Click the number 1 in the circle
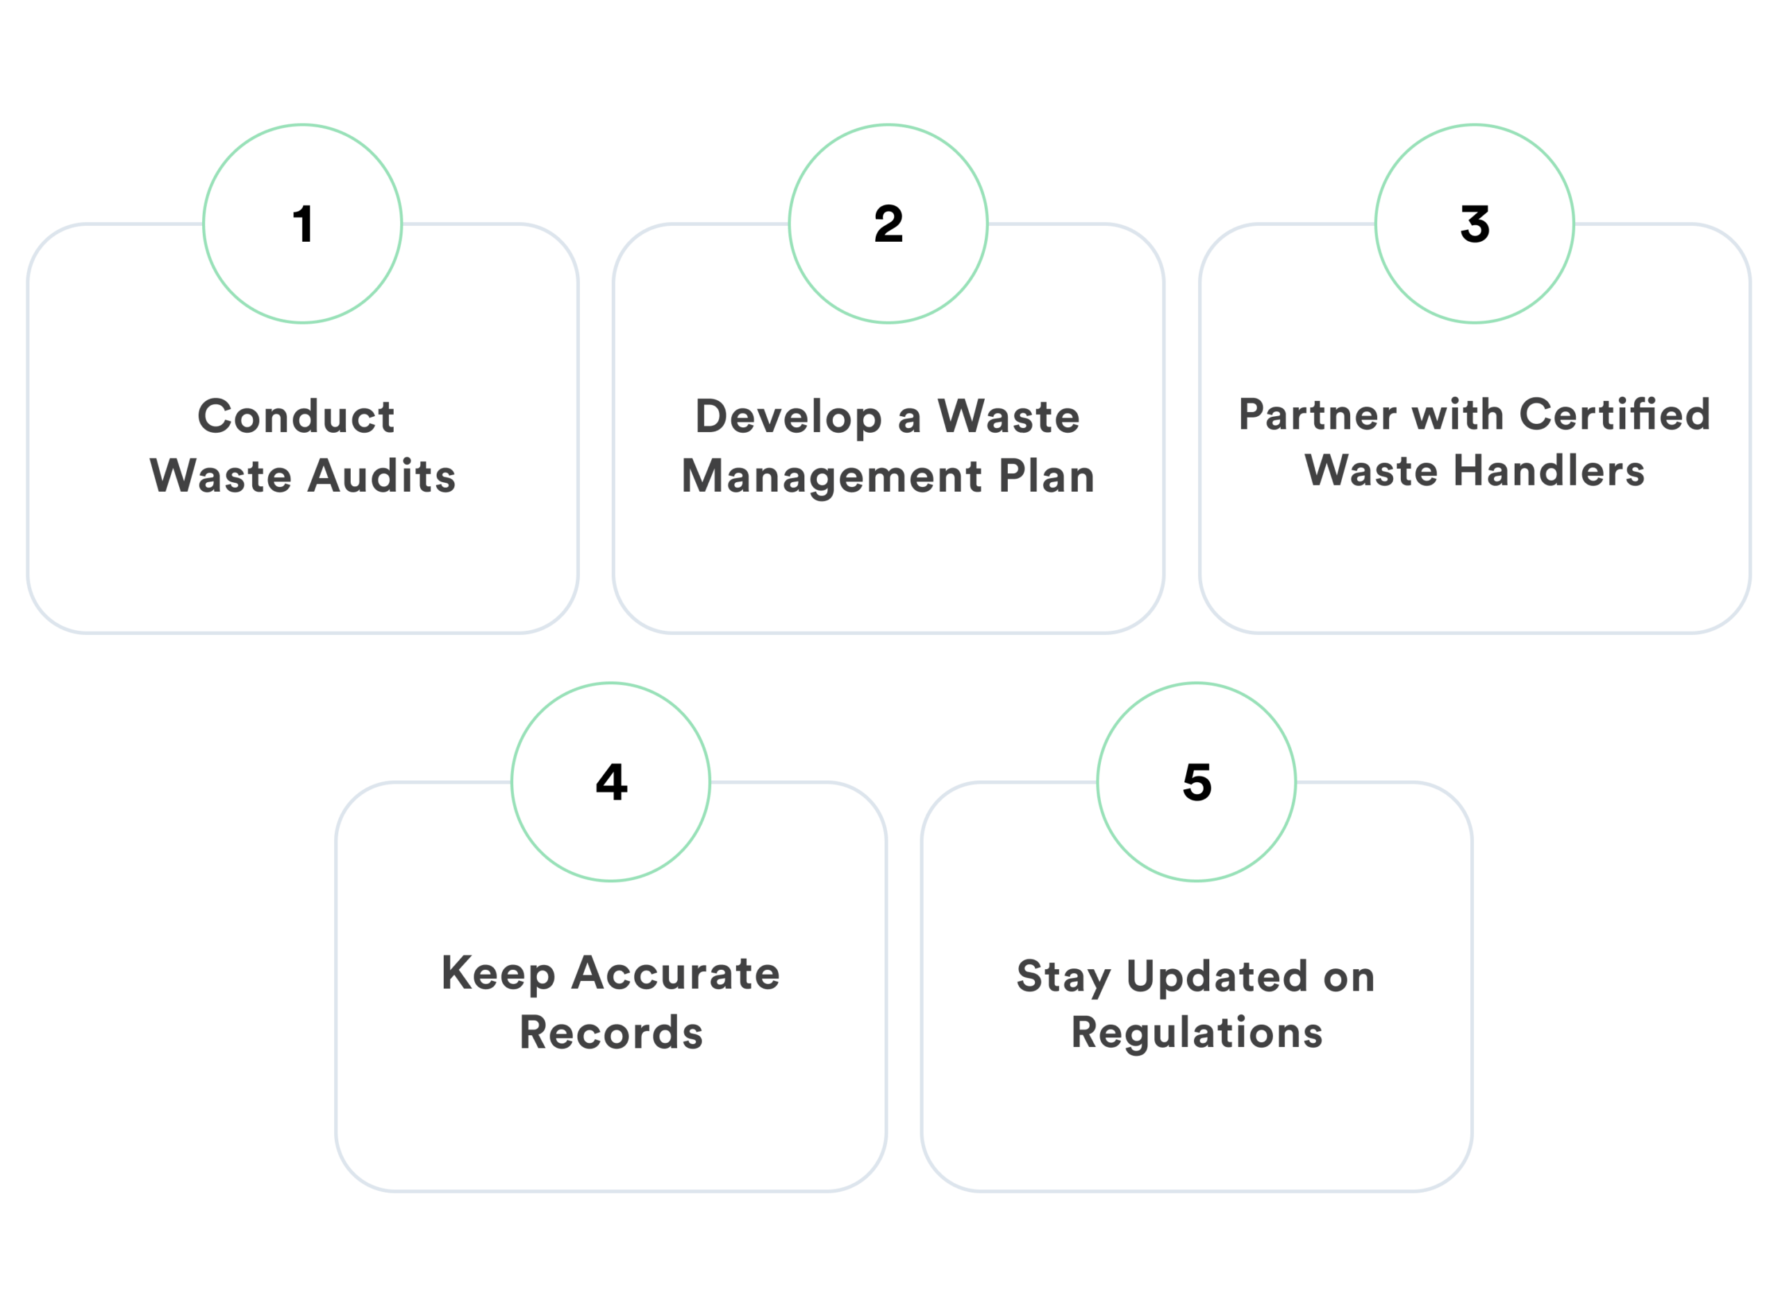click(303, 224)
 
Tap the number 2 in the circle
click(888, 224)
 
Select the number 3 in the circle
click(1474, 224)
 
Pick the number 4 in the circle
click(610, 782)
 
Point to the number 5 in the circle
click(1197, 782)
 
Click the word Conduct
click(296, 416)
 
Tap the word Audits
click(382, 476)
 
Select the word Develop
click(788, 418)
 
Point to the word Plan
click(1047, 476)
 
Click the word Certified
click(1615, 415)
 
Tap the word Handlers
click(1549, 471)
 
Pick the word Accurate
click(676, 973)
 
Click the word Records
click(610, 1032)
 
